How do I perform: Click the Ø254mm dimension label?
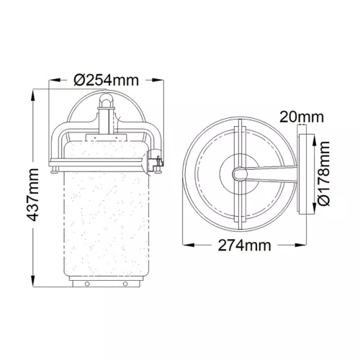(107, 80)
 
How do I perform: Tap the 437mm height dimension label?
(32, 194)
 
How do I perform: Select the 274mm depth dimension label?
(244, 246)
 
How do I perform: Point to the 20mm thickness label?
(302, 117)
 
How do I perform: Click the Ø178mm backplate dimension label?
(323, 174)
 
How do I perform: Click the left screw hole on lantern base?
(87, 284)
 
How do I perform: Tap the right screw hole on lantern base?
(125, 284)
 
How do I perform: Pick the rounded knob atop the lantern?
(107, 99)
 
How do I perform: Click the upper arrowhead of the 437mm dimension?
(33, 96)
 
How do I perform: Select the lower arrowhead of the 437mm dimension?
(33, 280)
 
